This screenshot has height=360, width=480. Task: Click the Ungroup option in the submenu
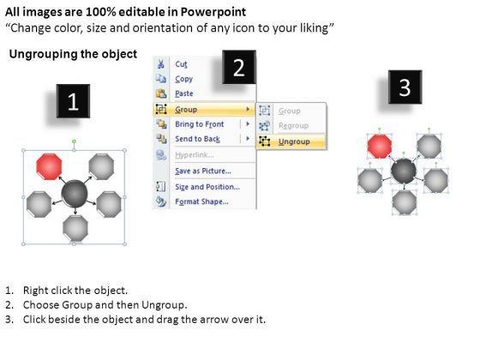coord(294,141)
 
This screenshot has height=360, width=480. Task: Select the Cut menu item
coord(181,64)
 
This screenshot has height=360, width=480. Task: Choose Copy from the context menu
coord(183,79)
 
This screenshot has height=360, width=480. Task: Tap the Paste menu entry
coord(184,93)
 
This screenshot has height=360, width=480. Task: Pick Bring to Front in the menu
coord(199,124)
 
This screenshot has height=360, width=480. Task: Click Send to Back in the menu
coord(197,139)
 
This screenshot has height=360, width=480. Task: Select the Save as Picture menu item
coord(203,171)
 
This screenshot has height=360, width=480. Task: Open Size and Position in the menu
coord(207,187)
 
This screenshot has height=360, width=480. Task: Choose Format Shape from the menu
coord(201,201)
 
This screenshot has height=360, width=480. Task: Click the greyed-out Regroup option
coord(293,125)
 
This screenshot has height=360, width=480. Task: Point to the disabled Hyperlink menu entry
coord(195,155)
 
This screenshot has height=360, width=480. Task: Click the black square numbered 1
coord(73,101)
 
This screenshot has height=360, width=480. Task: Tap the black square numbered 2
coord(239,67)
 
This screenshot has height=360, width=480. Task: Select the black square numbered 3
coord(405,87)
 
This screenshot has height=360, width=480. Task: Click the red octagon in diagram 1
coord(49,166)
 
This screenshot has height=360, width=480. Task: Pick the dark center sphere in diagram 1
coord(75,193)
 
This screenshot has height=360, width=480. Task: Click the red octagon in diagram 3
coord(380,146)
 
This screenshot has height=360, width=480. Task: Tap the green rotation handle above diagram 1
coord(74,141)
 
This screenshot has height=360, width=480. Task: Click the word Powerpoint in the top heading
coord(213,12)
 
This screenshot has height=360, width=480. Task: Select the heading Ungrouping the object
coord(73,54)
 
